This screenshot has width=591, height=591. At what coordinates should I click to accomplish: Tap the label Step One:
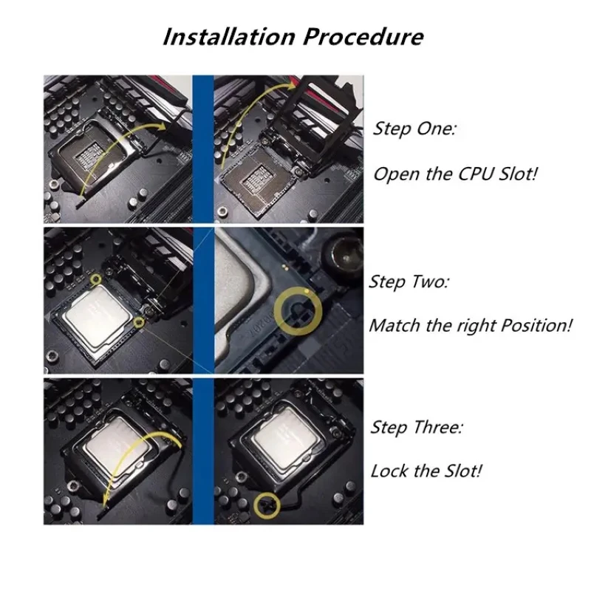pos(414,129)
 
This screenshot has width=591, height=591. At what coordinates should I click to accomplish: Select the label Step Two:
pos(408,282)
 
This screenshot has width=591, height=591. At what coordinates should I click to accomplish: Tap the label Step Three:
pos(416,427)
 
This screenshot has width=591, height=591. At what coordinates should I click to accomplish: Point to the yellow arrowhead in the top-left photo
pos(158,126)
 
